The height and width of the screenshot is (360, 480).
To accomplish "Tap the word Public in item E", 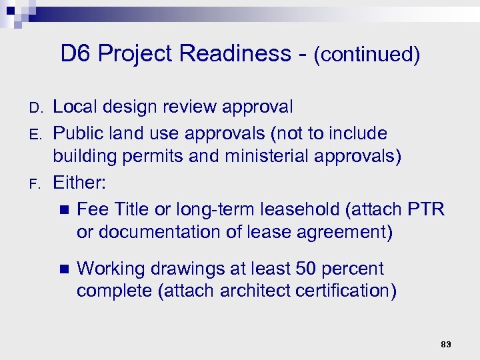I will point(75,133).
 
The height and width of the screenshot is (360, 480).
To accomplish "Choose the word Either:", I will point(80,183).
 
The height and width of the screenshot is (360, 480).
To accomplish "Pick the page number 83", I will point(446,344).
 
